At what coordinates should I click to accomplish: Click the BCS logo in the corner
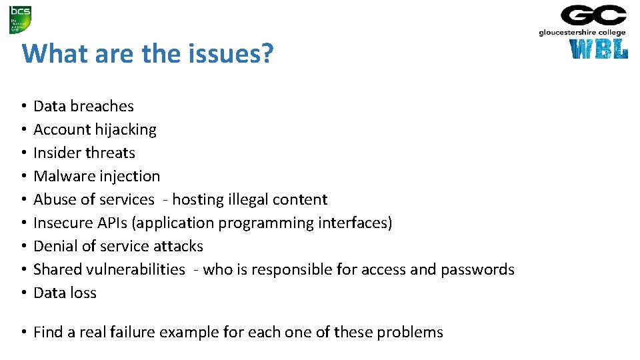(x=20, y=19)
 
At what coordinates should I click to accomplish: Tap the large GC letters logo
(x=593, y=15)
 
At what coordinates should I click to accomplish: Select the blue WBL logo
(x=599, y=49)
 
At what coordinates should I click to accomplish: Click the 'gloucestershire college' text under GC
(x=582, y=32)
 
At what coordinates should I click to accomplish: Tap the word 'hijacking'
(x=125, y=129)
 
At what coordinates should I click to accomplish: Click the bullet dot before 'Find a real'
(x=23, y=332)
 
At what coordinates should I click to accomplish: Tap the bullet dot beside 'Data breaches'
(x=23, y=107)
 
